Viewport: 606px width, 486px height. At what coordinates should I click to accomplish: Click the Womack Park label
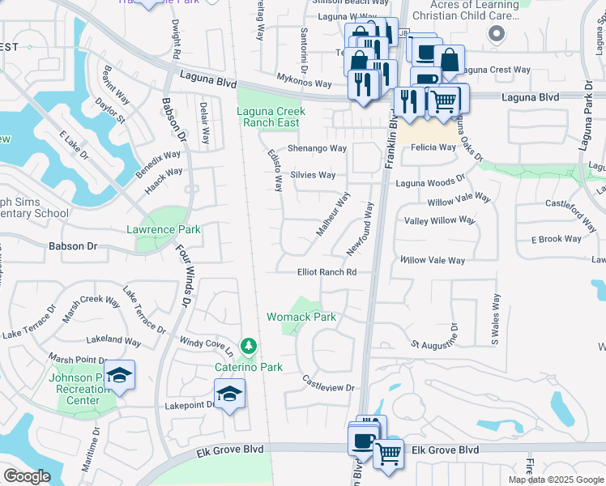[x=301, y=317]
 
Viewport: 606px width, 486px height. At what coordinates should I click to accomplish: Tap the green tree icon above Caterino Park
[x=249, y=347]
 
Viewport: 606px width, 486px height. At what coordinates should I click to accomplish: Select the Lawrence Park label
[x=163, y=229]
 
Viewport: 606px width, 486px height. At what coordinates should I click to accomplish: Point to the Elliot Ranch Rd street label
[x=327, y=272]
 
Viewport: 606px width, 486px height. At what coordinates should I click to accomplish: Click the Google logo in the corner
[x=27, y=475]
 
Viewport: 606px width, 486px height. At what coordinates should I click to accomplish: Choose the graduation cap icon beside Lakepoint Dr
[x=230, y=394]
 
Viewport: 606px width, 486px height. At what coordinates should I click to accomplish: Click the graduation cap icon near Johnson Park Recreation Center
[x=119, y=375]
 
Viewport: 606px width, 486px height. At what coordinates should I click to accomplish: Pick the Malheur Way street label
[x=332, y=215]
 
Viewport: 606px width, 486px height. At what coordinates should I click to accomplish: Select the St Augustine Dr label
[x=435, y=343]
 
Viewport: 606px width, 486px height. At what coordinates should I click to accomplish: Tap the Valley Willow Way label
[x=439, y=220]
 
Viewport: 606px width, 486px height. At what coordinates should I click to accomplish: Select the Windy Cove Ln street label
[x=206, y=346]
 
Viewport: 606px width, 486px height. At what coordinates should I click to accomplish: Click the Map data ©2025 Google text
[x=556, y=480]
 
